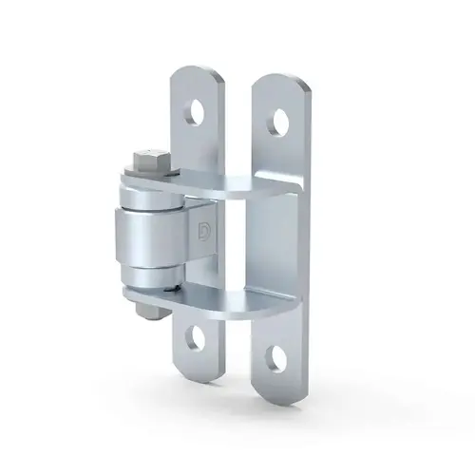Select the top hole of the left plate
(x=197, y=111)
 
